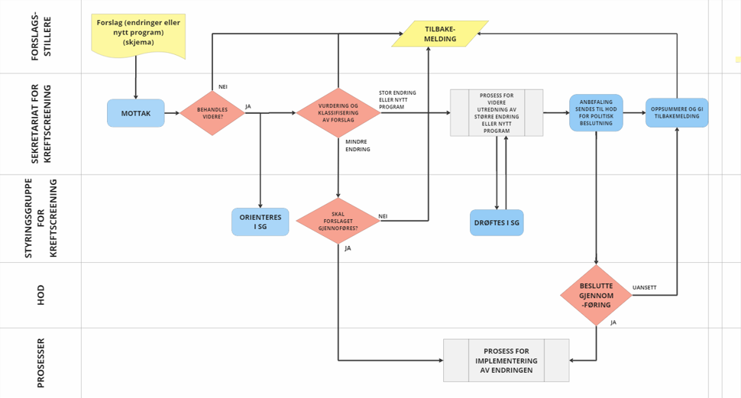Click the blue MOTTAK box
136,113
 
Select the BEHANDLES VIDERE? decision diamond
212,113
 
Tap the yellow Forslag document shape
138,36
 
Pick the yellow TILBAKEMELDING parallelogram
440,34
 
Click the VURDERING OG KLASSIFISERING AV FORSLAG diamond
338,113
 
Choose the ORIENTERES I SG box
260,222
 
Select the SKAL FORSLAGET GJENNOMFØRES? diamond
338,221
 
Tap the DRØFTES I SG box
497,222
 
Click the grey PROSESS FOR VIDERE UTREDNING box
497,113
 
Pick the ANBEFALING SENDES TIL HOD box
596,112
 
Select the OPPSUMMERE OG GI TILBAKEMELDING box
677,112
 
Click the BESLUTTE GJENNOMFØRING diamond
596,295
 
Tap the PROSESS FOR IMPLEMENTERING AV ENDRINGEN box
506,360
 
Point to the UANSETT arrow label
645,287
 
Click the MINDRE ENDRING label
358,146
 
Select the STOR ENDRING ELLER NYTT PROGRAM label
397,100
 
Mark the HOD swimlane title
40,295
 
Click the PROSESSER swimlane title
40,363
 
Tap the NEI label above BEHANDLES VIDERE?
223,87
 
